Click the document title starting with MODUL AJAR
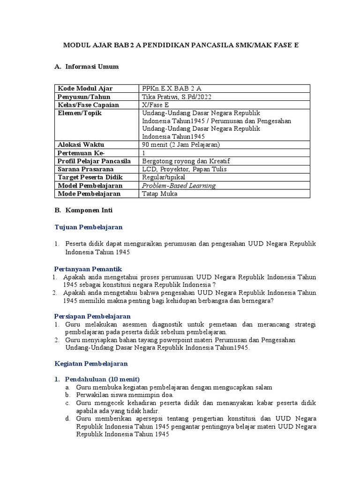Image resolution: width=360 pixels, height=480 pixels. (180, 45)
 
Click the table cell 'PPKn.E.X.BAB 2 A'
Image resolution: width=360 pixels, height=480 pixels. (172, 89)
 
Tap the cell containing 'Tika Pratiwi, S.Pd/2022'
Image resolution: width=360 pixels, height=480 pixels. (177, 97)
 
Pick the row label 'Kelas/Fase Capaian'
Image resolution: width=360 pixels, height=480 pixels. (88, 105)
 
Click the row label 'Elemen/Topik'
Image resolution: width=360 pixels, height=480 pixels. (80, 113)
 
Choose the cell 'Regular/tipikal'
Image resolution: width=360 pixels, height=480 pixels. (164, 177)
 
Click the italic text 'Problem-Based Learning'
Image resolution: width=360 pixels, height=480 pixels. (179, 185)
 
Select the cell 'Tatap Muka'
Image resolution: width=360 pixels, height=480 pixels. (158, 194)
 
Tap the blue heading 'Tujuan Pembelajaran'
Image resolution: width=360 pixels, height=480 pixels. (89, 227)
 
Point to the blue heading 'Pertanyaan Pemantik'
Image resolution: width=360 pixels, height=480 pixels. (88, 269)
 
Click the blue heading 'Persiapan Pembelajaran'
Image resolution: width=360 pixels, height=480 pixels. (92, 316)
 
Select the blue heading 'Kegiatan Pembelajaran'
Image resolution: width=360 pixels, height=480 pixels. (91, 364)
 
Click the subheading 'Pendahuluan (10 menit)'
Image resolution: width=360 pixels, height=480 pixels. (102, 379)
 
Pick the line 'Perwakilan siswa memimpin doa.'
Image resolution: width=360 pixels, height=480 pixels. (121, 395)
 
